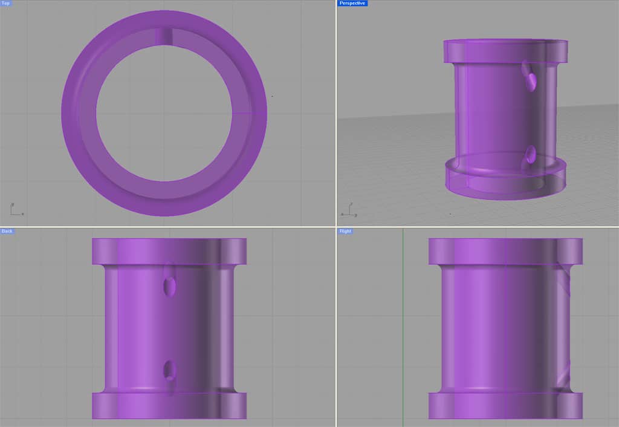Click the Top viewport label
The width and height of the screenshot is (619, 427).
[x=6, y=4]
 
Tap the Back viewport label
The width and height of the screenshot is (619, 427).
[x=7, y=231]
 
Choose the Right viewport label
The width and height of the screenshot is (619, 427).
[x=345, y=231]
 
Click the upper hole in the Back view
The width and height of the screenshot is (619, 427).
[x=170, y=285]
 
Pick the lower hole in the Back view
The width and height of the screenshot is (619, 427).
[x=170, y=370]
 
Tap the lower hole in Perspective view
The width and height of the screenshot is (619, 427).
[x=531, y=155]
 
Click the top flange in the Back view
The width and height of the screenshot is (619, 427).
[x=169, y=251]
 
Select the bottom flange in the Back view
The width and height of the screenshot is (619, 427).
[x=169, y=406]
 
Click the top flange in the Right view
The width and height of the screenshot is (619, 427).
[x=505, y=251]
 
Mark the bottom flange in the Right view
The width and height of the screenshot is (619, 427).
[x=505, y=406]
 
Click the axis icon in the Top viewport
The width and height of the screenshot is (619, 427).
[x=16, y=209]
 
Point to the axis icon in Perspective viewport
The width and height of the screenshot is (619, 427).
[x=348, y=209]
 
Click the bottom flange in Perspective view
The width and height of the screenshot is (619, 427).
[x=505, y=181]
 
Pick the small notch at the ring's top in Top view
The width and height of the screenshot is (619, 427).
[x=164, y=36]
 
